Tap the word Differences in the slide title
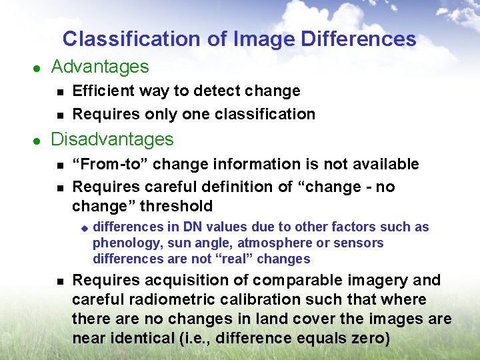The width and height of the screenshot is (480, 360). coord(359,39)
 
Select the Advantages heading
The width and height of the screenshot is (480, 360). coord(100,67)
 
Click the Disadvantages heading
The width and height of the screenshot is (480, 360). coord(112,139)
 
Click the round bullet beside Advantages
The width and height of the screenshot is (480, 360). coord(37,68)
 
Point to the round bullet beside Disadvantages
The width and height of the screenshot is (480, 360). coord(37,141)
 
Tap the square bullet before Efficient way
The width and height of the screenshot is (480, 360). coord(59,91)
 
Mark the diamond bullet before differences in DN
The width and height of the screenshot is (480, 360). coord(84,228)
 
